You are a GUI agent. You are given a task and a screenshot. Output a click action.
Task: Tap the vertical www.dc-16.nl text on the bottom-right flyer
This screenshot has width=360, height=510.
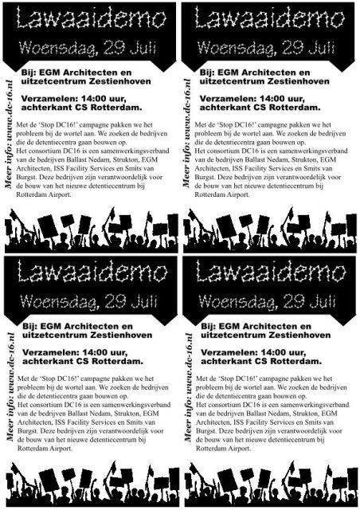pos(188,390)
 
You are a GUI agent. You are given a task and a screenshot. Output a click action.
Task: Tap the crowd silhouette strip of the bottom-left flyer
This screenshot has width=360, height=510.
pos(90,487)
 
